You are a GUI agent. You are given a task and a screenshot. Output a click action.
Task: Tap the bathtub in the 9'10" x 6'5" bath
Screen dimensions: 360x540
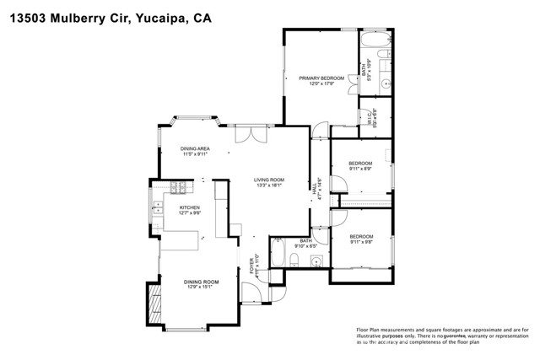pyautogui.click(x=279, y=255)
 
